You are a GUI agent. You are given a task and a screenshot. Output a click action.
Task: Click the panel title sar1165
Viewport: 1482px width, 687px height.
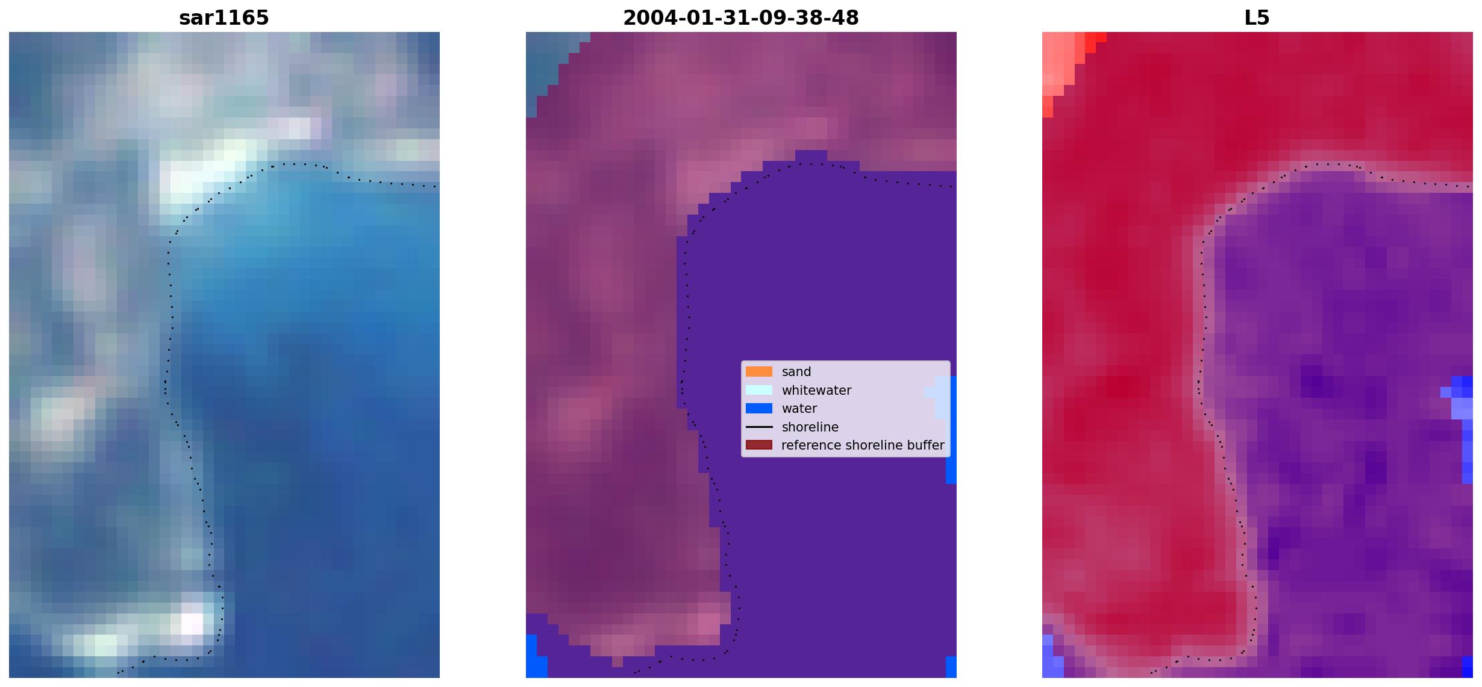224,18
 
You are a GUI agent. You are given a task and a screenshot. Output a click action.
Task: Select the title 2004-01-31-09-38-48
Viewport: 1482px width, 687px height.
740,18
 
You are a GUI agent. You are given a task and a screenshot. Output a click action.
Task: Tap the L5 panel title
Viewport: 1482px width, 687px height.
1257,18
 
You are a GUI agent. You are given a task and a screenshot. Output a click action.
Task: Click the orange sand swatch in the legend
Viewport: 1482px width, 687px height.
758,372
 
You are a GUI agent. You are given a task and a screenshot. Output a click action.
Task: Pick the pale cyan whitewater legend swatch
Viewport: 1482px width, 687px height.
758,390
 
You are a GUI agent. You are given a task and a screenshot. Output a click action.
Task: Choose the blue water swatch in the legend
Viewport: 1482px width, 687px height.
758,409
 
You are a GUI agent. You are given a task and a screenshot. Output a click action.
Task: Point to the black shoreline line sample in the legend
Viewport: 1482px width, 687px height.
758,427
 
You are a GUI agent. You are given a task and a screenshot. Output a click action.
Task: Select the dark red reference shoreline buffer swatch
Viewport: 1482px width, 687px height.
758,445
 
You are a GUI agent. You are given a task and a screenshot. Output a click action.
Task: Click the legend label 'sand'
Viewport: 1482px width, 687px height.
796,372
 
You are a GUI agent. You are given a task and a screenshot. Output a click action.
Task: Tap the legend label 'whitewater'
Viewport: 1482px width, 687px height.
816,391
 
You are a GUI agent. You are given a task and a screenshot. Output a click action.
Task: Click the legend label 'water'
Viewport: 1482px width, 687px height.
799,409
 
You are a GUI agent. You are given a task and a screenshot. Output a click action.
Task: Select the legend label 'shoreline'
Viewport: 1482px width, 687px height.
810,427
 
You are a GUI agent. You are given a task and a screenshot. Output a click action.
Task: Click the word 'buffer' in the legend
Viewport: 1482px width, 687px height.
926,445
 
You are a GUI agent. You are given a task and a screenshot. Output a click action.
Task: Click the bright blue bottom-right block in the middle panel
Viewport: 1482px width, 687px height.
951,667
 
